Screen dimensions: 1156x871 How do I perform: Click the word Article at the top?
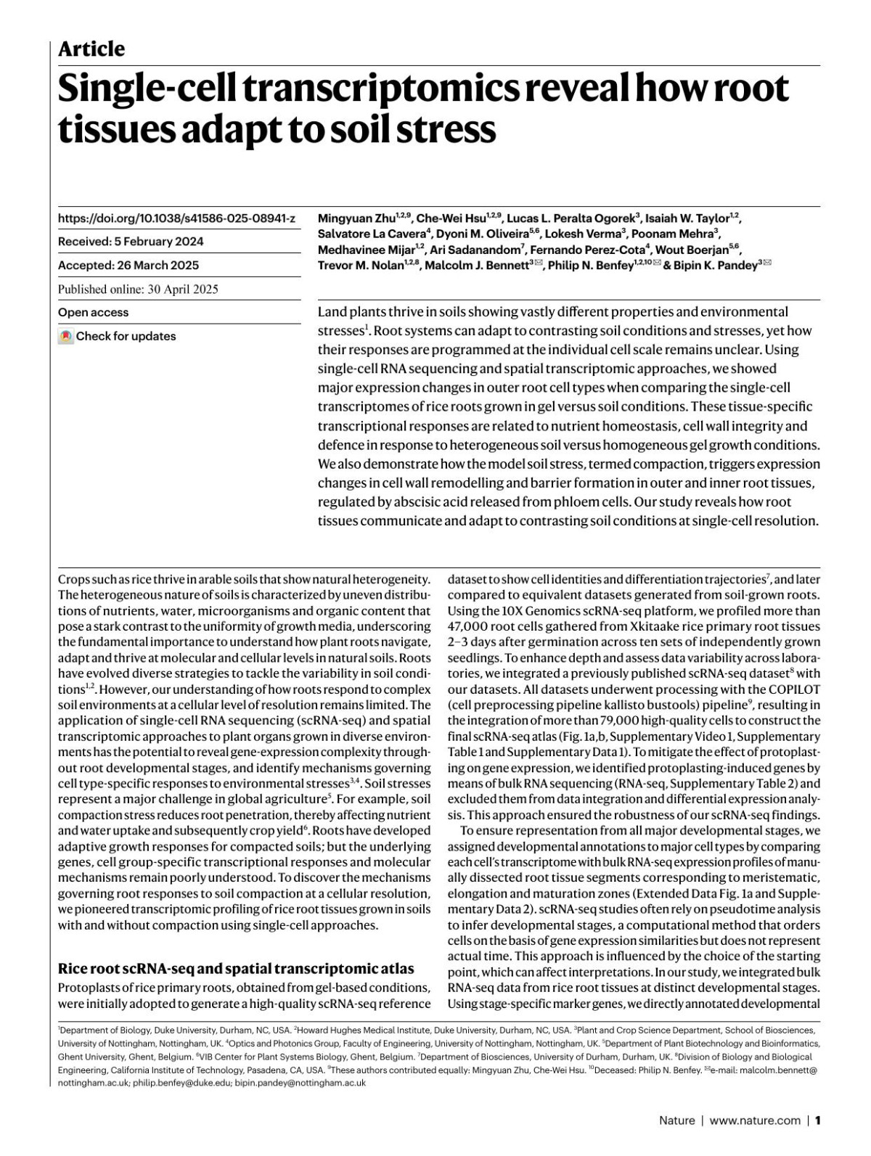(91, 49)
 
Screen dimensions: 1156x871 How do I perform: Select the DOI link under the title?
(176, 218)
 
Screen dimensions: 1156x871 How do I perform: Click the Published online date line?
(138, 289)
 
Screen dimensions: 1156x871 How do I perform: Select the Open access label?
(93, 313)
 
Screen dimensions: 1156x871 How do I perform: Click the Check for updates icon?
(66, 337)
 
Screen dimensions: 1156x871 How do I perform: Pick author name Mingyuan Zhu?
(356, 218)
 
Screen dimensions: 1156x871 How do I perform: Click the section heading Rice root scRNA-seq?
(236, 969)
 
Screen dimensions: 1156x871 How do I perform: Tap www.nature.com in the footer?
(755, 1120)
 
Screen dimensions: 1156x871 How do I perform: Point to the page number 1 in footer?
(817, 1120)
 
